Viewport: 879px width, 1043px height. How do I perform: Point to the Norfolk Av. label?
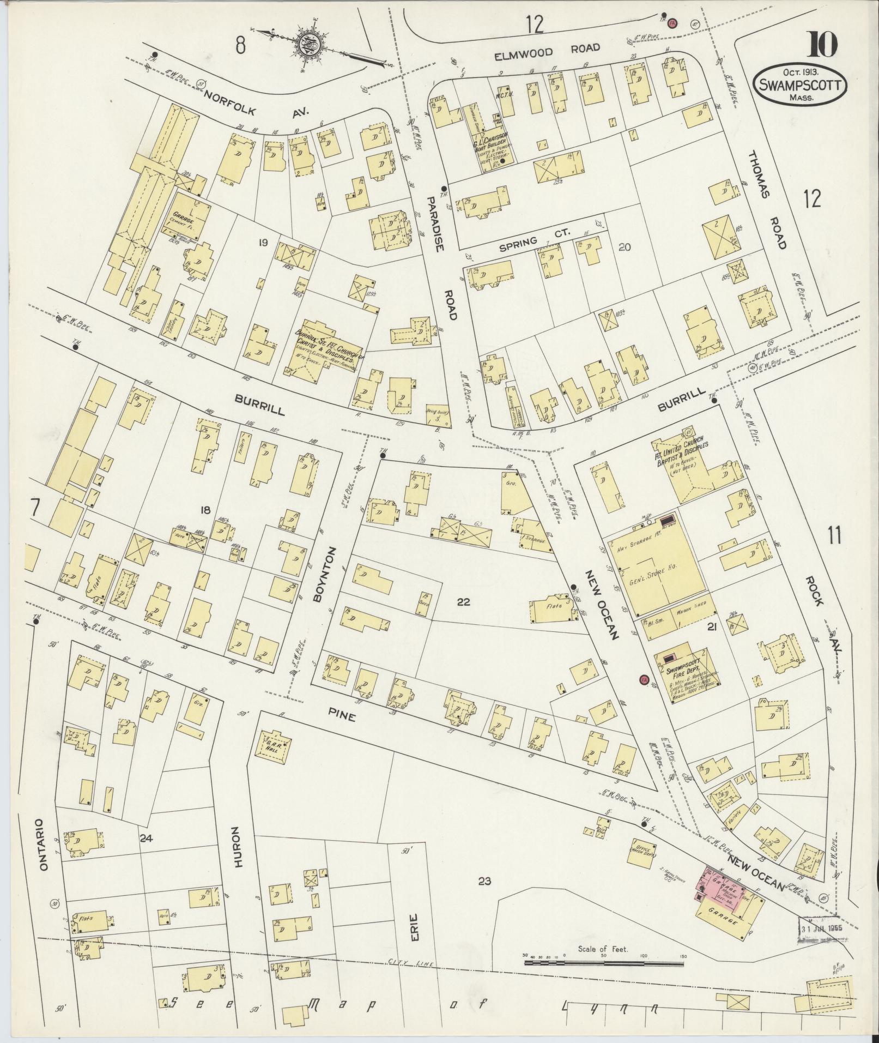pyautogui.click(x=256, y=104)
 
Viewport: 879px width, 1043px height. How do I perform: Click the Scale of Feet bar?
pyautogui.click(x=603, y=979)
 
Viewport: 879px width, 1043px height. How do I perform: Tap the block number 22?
pyautogui.click(x=463, y=602)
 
